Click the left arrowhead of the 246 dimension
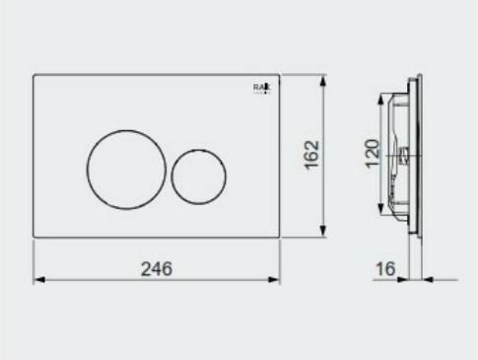pos(38,280)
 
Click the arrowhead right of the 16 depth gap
pos(428,279)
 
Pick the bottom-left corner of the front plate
pos(34,238)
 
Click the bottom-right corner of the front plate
pos(279,238)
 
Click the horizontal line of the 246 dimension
pos(99,280)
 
